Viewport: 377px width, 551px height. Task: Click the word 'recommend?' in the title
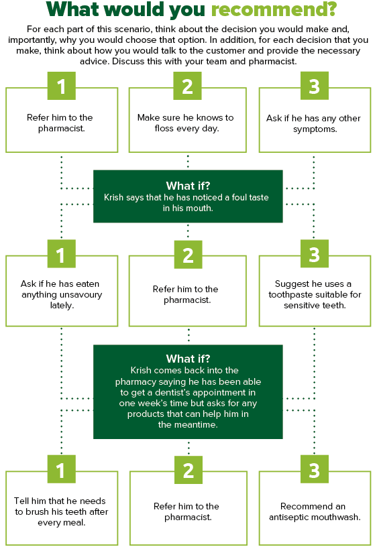pos(274,9)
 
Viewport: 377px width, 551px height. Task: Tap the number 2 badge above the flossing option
pos(187,86)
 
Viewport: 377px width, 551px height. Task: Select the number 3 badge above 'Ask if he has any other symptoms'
pos(315,86)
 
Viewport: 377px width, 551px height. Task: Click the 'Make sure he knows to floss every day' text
pos(186,123)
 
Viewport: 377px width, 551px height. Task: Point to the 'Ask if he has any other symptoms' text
pos(314,123)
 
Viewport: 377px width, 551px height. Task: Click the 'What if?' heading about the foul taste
pos(188,186)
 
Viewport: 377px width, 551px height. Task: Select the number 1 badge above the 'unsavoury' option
pos(62,253)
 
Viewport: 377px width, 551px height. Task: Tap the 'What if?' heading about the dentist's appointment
pos(188,359)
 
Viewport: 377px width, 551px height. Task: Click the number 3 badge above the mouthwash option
pos(315,469)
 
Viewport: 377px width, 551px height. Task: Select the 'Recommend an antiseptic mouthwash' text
pos(315,511)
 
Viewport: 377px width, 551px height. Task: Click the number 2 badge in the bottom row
pos(188,470)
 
